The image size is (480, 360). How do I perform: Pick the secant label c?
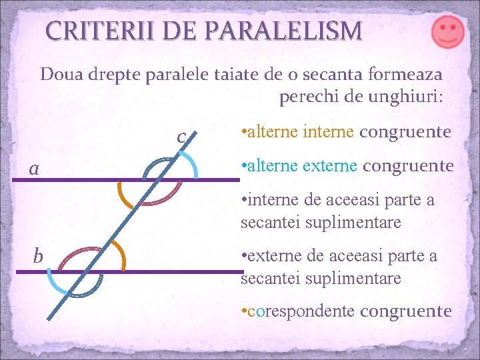(x=181, y=136)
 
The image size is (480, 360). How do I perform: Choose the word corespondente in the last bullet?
(x=301, y=311)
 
